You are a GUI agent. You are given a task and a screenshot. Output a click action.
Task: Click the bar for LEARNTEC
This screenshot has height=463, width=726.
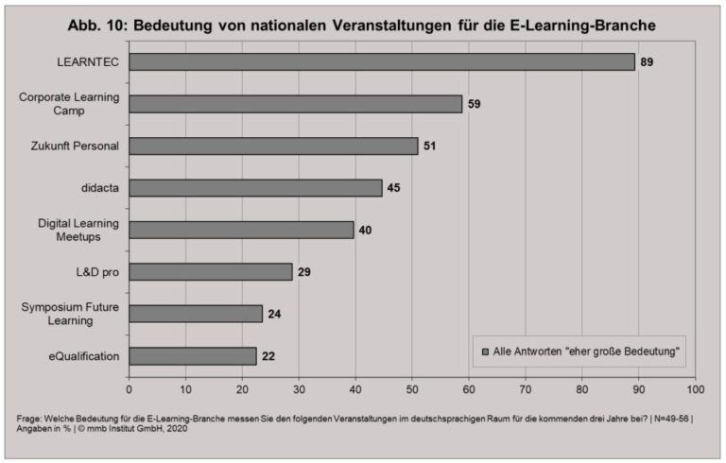tap(382, 61)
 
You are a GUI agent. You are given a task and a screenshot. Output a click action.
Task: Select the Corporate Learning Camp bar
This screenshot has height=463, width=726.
tap(296, 104)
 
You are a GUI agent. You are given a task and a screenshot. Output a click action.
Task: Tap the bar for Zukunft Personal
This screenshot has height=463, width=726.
tap(273, 146)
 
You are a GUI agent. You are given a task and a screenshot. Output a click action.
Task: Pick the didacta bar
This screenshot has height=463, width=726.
tap(256, 188)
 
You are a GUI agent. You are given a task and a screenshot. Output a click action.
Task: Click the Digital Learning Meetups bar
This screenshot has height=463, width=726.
tap(242, 230)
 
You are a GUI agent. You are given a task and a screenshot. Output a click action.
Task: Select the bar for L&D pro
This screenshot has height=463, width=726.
tap(211, 272)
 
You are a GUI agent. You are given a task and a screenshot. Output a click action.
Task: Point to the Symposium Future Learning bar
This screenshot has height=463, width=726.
tap(197, 314)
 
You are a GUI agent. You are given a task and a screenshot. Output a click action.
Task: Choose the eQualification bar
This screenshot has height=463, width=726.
tap(193, 356)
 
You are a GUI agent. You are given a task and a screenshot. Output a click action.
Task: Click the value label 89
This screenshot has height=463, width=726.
tap(647, 61)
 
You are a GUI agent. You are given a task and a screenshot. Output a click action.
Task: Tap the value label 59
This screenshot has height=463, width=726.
tap(475, 104)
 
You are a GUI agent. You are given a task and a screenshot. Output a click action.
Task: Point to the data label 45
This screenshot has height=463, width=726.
tap(394, 188)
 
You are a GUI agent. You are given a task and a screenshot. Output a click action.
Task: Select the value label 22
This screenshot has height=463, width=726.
tap(269, 356)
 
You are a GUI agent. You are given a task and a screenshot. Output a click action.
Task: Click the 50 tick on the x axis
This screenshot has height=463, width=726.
tap(412, 387)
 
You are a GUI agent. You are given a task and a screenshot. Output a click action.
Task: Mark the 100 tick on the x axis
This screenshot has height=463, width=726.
tap(695, 387)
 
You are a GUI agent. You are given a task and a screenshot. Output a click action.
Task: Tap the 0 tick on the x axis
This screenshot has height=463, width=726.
tap(130, 387)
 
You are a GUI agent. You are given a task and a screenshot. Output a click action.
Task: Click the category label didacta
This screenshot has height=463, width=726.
tap(101, 188)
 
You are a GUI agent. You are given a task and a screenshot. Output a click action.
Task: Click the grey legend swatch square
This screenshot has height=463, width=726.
tap(485, 352)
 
